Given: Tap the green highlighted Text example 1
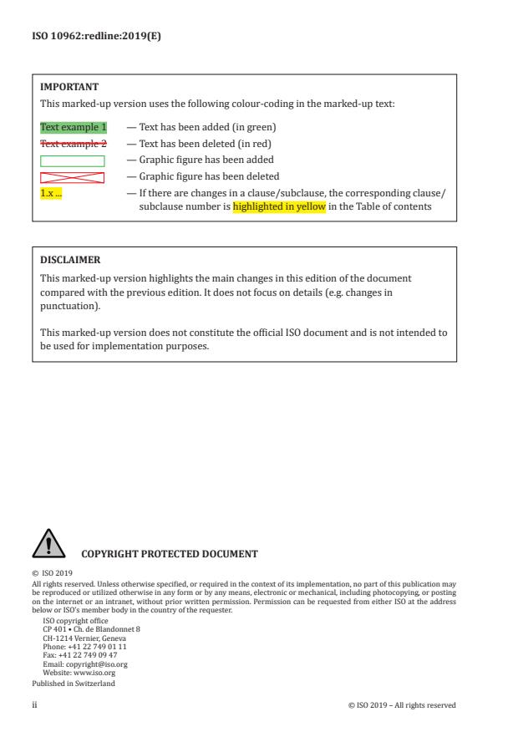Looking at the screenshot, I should tap(74, 128).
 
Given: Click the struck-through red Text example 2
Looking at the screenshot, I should tap(74, 144).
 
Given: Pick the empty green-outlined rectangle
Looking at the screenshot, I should tap(73, 160).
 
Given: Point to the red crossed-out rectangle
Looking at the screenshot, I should tap(73, 177).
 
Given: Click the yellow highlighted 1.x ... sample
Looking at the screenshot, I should tap(51, 193).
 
